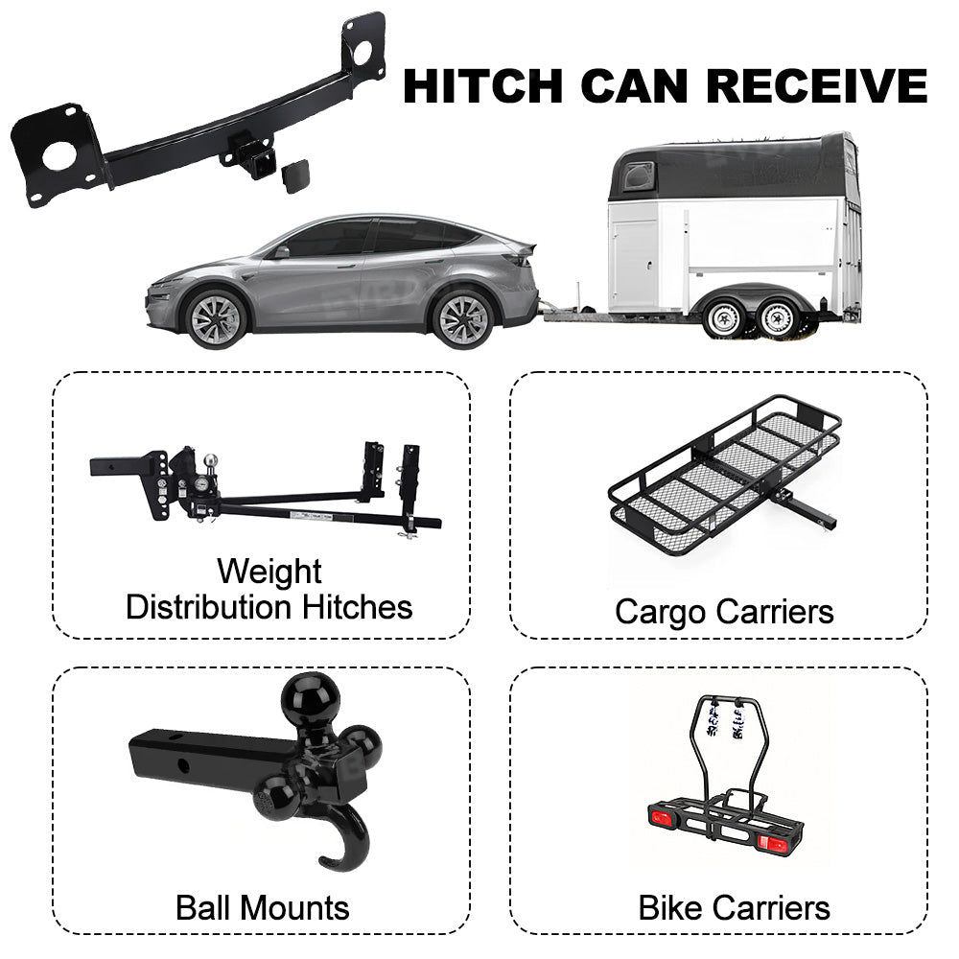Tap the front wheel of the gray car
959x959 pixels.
click(x=216, y=319)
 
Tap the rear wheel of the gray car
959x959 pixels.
click(x=463, y=319)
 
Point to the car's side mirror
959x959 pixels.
click(x=281, y=252)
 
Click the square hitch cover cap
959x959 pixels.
click(x=296, y=176)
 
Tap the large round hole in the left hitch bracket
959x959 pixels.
click(x=59, y=156)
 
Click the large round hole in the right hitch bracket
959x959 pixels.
click(x=363, y=52)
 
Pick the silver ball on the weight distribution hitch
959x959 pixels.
click(x=210, y=460)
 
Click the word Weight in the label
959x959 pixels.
click(x=269, y=573)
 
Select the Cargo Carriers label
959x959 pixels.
click(x=724, y=612)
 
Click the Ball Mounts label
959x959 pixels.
click(x=263, y=907)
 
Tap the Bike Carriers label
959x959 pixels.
click(x=734, y=907)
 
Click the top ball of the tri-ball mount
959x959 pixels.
click(x=310, y=700)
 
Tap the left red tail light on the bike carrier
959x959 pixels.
click(x=661, y=818)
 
